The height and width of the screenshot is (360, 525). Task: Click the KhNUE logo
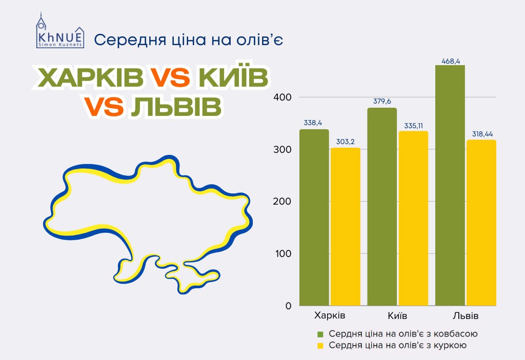pos(60,30)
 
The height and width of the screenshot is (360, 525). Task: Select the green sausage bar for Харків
pos(314,217)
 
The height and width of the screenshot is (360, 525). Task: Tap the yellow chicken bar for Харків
pos(346,227)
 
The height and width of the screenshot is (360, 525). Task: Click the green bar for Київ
pos(382,207)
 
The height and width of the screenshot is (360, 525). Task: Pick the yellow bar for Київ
pos(414,218)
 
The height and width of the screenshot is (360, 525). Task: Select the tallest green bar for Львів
pos(450,185)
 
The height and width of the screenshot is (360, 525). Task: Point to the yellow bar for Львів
pos(481,223)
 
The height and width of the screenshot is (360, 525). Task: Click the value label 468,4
pos(451,62)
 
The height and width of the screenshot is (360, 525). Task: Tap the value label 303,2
pos(345,142)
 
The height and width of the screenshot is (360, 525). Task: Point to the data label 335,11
pos(414,126)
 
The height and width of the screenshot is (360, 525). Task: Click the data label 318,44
pos(482,134)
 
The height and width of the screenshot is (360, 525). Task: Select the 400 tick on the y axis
pos(282,97)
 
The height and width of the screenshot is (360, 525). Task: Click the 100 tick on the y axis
pos(283,253)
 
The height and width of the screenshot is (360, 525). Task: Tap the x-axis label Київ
pos(397,315)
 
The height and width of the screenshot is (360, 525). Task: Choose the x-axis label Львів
pos(466,315)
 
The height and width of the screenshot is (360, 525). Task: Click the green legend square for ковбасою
pos(320,334)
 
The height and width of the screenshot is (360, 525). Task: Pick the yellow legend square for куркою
pos(320,346)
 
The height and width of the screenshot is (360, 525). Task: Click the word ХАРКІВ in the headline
pos(91,77)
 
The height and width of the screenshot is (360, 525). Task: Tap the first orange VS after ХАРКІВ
pos(170,77)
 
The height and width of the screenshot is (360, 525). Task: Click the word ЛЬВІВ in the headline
pos(176,107)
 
